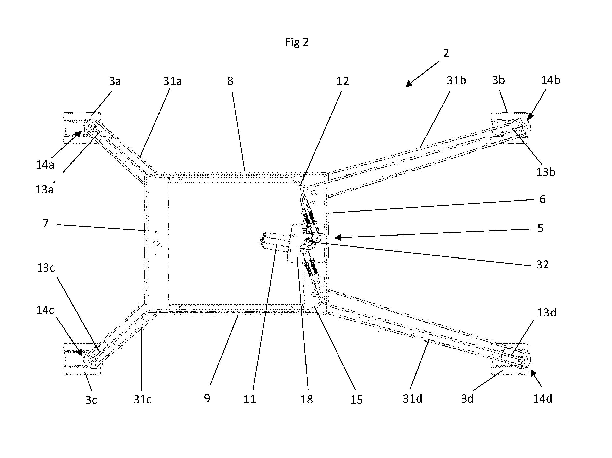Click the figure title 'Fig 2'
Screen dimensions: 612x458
click(x=297, y=42)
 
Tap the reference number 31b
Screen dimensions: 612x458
click(x=456, y=80)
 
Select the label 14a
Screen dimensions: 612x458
click(x=45, y=165)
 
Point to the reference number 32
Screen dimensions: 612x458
click(x=543, y=265)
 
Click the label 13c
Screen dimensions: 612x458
click(x=46, y=267)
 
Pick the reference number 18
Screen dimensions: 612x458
click(x=307, y=399)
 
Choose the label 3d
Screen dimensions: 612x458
click(x=467, y=399)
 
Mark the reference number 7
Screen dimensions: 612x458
click(x=46, y=224)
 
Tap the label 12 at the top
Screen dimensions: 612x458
click(x=342, y=81)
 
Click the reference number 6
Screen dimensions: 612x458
click(x=543, y=199)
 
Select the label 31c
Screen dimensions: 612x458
click(x=142, y=399)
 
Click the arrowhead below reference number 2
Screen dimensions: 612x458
click(x=408, y=84)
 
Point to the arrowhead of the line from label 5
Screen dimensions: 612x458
click(x=338, y=237)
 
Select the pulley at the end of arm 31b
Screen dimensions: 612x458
click(x=522, y=128)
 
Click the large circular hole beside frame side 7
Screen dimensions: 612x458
click(x=156, y=243)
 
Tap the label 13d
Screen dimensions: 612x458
click(x=547, y=313)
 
